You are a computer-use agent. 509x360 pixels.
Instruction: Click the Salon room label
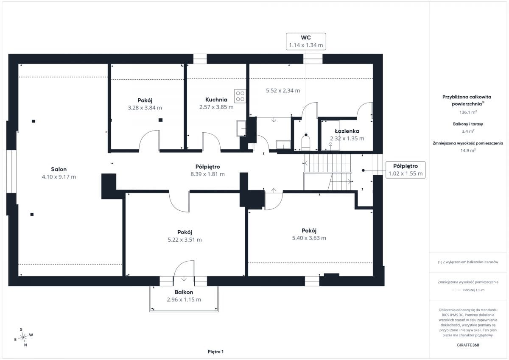click(59, 169)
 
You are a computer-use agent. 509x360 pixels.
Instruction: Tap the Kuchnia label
click(216, 100)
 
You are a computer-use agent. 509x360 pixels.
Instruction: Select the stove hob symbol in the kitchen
click(240, 96)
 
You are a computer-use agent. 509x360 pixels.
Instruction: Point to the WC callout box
click(306, 41)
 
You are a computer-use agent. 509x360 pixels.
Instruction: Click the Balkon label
click(184, 292)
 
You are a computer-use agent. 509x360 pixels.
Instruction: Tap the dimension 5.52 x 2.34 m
click(283, 91)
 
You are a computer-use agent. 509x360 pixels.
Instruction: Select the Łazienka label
click(347, 131)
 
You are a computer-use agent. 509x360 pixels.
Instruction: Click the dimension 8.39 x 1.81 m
click(208, 174)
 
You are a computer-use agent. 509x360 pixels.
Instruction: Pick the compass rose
click(23, 337)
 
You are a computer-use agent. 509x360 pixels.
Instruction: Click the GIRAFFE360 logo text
click(468, 345)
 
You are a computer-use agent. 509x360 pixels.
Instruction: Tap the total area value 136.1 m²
click(468, 112)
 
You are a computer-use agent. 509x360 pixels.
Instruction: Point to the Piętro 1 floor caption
click(215, 352)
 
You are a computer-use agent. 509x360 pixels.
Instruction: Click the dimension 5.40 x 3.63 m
click(309, 238)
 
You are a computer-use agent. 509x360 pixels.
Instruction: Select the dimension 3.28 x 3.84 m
click(145, 108)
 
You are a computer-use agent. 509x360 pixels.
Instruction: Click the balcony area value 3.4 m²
click(468, 131)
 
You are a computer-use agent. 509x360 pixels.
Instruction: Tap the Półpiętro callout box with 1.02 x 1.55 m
click(406, 170)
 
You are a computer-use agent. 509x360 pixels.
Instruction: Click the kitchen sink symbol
click(241, 128)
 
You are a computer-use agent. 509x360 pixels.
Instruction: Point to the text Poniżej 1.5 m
click(474, 290)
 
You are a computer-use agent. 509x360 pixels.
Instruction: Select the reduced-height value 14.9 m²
click(468, 151)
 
